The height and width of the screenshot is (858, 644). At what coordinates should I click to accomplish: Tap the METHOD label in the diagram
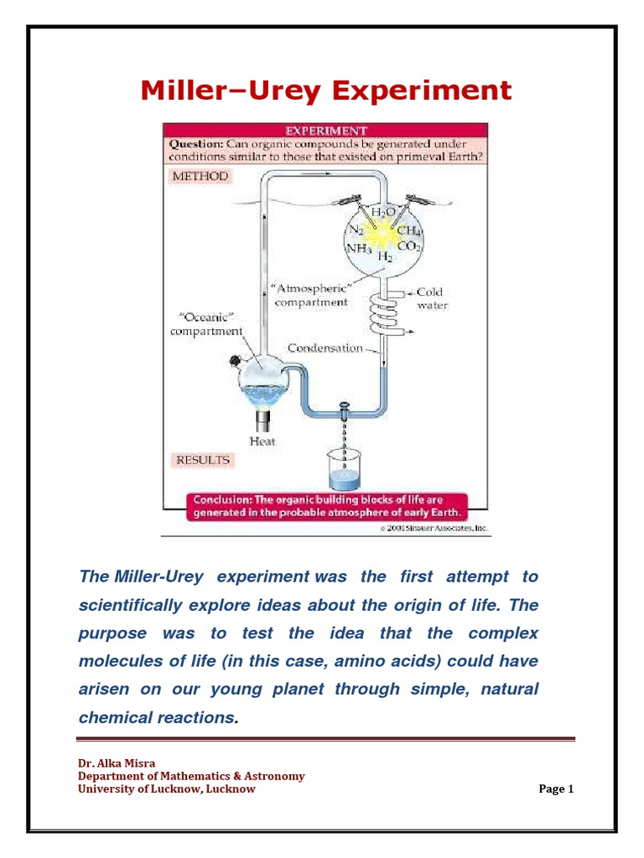pyautogui.click(x=200, y=177)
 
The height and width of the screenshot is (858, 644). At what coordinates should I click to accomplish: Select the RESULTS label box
pyautogui.click(x=202, y=460)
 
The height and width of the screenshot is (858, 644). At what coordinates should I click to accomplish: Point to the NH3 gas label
pyautogui.click(x=358, y=248)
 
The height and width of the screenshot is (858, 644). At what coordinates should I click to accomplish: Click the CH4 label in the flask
pyautogui.click(x=408, y=230)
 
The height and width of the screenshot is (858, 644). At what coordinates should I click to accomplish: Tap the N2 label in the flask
pyautogui.click(x=356, y=229)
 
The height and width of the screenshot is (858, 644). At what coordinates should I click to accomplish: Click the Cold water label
pyautogui.click(x=431, y=299)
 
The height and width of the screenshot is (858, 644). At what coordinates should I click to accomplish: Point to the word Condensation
pyautogui.click(x=325, y=348)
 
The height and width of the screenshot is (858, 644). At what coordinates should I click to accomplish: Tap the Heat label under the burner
pyautogui.click(x=262, y=441)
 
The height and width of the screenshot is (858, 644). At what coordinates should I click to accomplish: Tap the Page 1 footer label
pyautogui.click(x=556, y=788)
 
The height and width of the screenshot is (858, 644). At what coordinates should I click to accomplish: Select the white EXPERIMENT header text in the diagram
pyautogui.click(x=326, y=131)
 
